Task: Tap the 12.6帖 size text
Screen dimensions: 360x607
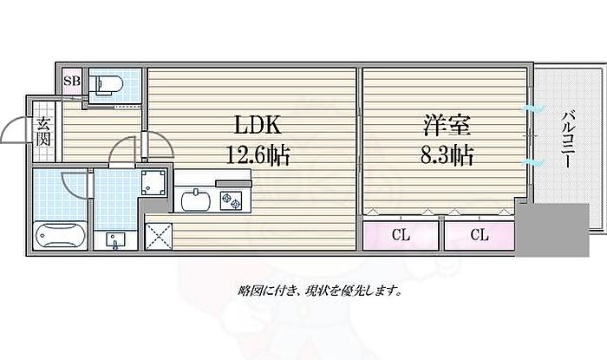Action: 258,158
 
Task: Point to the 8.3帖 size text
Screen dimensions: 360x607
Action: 448,158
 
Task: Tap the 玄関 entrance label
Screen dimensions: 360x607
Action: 42,134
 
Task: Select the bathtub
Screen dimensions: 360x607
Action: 59,234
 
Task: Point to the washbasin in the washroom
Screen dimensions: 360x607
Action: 114,239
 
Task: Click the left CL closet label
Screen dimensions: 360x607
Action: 400,234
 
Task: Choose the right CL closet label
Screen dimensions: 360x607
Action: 479,234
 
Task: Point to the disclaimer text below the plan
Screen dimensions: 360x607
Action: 319,291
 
